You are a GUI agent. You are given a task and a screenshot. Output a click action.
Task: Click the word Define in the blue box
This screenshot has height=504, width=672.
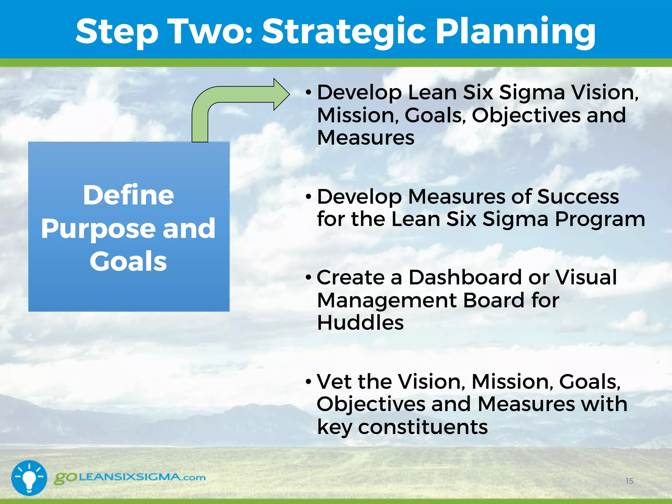click(x=128, y=195)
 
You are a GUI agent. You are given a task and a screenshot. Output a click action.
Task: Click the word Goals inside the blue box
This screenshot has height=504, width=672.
click(x=128, y=262)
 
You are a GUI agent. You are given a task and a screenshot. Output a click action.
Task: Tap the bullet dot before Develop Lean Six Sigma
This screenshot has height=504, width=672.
click(x=308, y=93)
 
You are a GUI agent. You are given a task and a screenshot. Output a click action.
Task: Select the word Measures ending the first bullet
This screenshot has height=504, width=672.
click(x=366, y=137)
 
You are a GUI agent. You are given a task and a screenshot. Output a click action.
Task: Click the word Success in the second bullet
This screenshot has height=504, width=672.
click(x=578, y=197)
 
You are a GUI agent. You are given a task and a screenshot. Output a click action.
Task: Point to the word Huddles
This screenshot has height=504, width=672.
click(x=360, y=323)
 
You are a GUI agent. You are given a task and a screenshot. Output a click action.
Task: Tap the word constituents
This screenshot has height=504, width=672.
click(x=423, y=427)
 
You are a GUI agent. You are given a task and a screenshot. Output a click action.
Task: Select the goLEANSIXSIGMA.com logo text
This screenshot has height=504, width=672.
click(x=130, y=477)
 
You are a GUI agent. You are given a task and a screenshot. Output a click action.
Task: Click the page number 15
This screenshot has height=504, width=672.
click(x=629, y=481)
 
